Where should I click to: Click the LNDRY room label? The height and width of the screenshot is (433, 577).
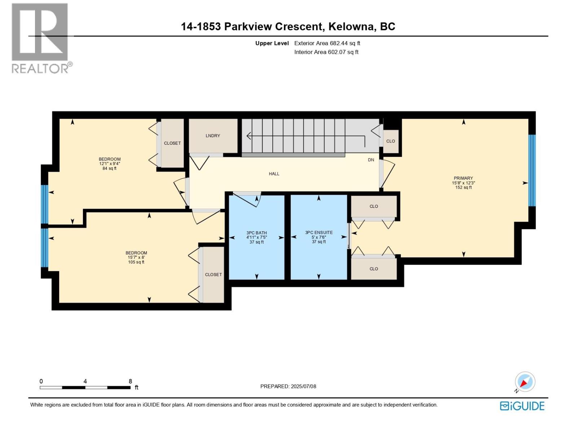pyautogui.click(x=213, y=136)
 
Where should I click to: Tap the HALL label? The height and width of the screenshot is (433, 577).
pyautogui.click(x=274, y=174)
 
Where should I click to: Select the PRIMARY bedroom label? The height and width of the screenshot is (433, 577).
pyautogui.click(x=463, y=178)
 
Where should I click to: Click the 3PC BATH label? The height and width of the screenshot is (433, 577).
pyautogui.click(x=256, y=233)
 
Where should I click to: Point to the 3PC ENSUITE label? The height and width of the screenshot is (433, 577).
pyautogui.click(x=319, y=232)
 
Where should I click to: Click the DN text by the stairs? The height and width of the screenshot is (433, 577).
pyautogui.click(x=371, y=160)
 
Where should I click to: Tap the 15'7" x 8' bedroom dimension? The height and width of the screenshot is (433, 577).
pyautogui.click(x=136, y=257)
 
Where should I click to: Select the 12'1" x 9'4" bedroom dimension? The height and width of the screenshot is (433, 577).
pyautogui.click(x=110, y=163)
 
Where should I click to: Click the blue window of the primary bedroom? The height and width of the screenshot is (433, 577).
pyautogui.click(x=532, y=170)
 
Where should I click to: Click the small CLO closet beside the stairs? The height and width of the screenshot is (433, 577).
pyautogui.click(x=391, y=141)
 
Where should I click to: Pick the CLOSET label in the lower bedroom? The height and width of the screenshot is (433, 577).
pyautogui.click(x=213, y=275)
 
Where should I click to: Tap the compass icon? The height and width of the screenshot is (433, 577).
pyautogui.click(x=525, y=382)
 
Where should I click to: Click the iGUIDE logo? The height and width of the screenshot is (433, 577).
pyautogui.click(x=522, y=406)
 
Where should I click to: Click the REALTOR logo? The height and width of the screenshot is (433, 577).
pyautogui.click(x=40, y=38)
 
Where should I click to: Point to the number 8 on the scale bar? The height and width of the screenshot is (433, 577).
pyautogui.click(x=130, y=381)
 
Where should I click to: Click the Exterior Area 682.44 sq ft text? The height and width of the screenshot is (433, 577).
pyautogui.click(x=327, y=43)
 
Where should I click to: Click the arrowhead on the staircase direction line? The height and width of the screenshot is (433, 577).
pyautogui.click(x=249, y=136)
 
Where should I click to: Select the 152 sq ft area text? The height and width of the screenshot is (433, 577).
pyautogui.click(x=463, y=187)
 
